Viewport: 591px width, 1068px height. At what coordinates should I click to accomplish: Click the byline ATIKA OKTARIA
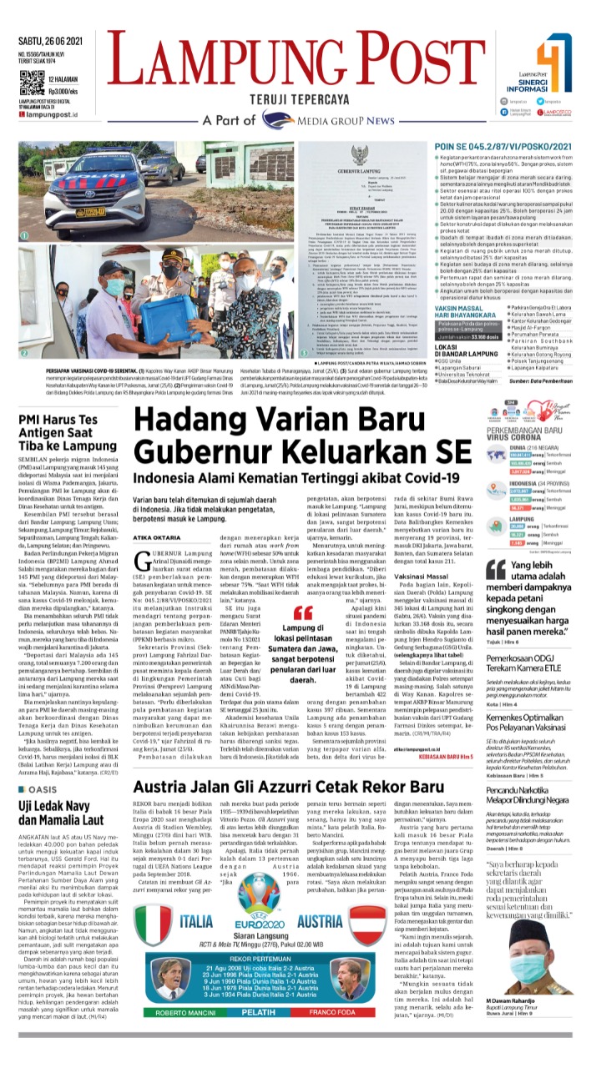[149, 515]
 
